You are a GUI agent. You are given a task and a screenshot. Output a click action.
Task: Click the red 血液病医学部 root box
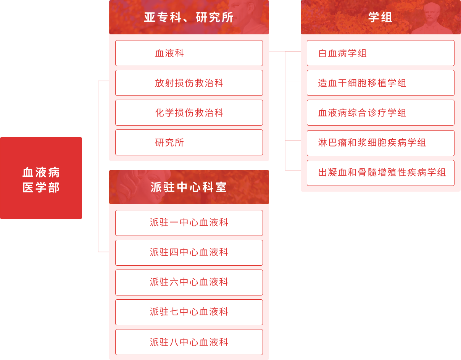[41, 178]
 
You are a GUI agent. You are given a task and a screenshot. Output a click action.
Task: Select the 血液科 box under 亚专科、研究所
[189, 53]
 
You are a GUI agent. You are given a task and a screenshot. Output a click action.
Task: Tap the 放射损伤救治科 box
[189, 83]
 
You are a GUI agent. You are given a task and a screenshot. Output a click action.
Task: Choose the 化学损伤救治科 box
[189, 113]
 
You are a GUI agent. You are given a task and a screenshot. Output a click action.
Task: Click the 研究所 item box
[189, 142]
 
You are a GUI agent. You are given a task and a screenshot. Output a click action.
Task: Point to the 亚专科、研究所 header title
[189, 18]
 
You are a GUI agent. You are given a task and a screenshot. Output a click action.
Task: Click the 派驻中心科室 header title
[189, 187]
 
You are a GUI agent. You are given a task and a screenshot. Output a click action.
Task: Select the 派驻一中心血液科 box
[189, 223]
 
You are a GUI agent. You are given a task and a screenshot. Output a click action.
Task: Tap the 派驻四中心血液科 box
[189, 252]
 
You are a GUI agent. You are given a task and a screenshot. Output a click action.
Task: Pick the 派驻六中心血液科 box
[189, 282]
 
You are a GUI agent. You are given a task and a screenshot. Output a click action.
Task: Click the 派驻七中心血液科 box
[189, 312]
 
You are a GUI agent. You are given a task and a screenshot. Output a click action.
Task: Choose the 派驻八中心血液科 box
[189, 342]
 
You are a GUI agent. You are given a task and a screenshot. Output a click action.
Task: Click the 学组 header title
[380, 18]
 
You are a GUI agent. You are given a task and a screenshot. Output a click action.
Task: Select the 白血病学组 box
[380, 53]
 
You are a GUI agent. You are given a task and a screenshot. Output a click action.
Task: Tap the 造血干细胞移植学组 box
[380, 83]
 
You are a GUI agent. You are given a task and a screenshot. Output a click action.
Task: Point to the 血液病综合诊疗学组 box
[380, 113]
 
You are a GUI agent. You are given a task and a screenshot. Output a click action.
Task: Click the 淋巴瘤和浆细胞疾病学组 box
[380, 143]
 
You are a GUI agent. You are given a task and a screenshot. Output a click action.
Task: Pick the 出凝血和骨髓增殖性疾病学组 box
[380, 173]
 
